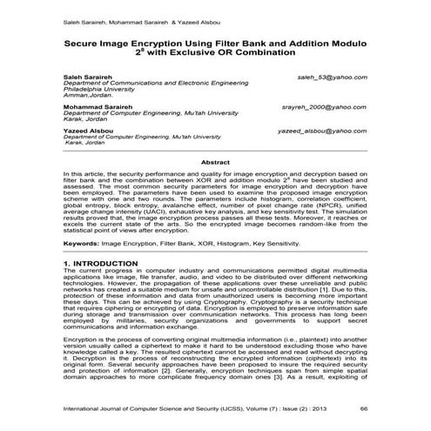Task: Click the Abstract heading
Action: [215, 163]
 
